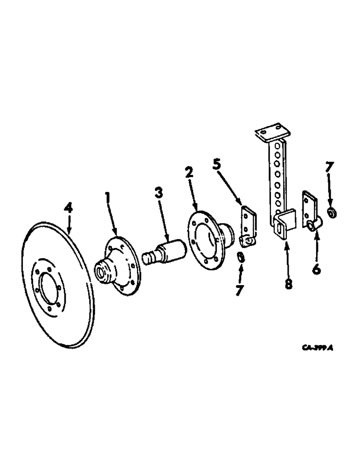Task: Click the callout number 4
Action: tap(69, 208)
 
